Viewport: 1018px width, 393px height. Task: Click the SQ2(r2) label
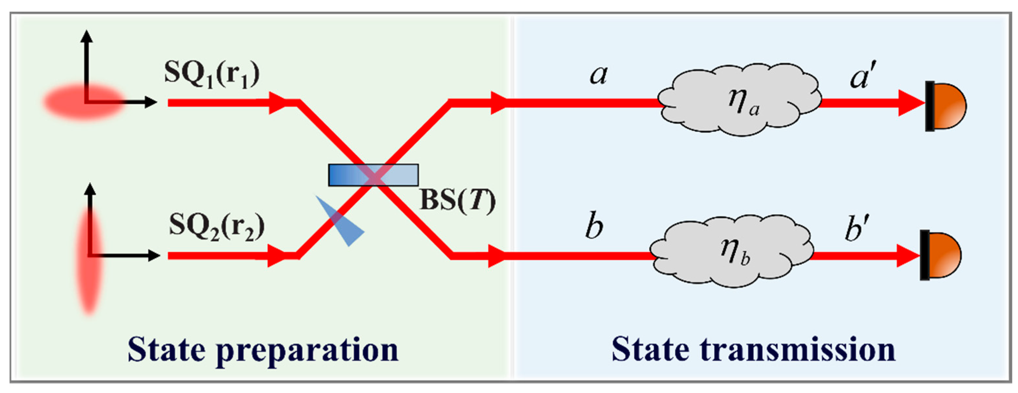click(x=217, y=227)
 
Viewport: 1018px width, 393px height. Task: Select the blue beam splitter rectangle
click(x=373, y=175)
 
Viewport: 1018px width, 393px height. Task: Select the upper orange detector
click(x=947, y=106)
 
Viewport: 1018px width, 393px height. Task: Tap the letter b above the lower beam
click(x=594, y=227)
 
